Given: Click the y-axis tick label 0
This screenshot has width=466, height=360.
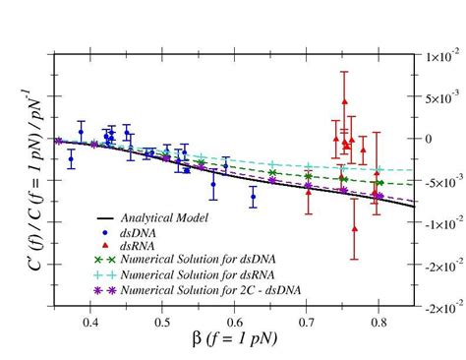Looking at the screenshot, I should pos(429,140).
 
